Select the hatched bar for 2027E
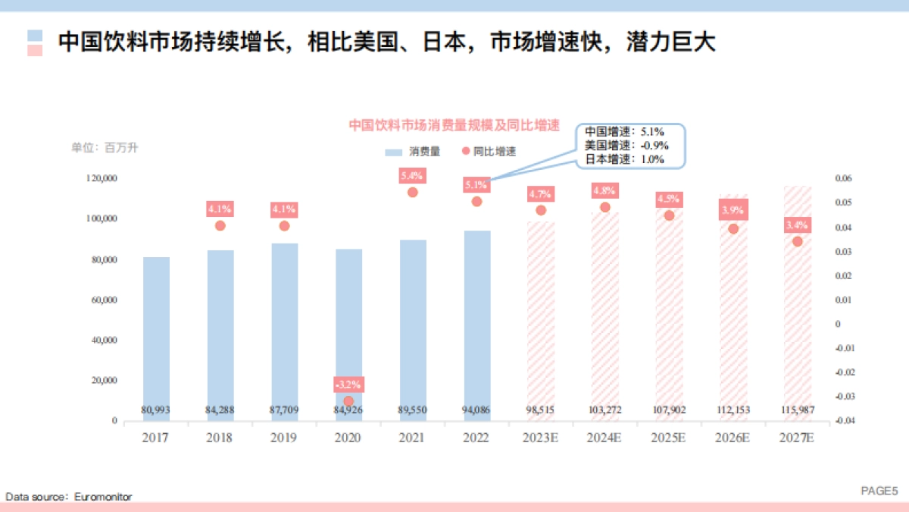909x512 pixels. click(797, 303)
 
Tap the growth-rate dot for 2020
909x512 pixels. click(348, 401)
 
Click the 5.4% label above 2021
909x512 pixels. click(412, 176)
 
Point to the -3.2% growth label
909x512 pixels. click(348, 384)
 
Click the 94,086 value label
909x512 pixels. click(476, 410)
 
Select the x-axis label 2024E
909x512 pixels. click(604, 438)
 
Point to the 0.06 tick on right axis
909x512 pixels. click(843, 178)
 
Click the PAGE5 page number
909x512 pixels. click(879, 491)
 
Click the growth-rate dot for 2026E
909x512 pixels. click(733, 229)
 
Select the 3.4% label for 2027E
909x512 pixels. click(797, 225)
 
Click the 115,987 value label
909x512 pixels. click(797, 410)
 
